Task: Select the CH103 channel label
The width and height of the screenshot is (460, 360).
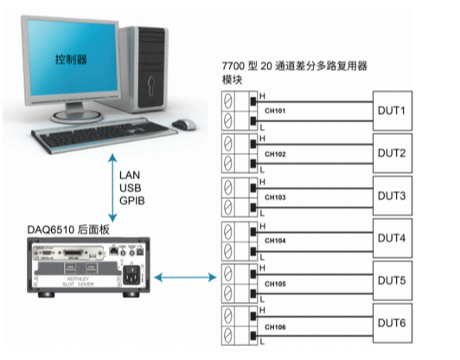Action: coord(275,197)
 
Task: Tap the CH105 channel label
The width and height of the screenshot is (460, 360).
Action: coord(275,283)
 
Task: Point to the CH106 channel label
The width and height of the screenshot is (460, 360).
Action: coord(275,326)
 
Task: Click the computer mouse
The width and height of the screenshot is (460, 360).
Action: coord(183,125)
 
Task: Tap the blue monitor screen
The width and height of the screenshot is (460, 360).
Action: coord(66,61)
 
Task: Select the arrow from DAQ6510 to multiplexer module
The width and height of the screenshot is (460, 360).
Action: coord(185,278)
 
